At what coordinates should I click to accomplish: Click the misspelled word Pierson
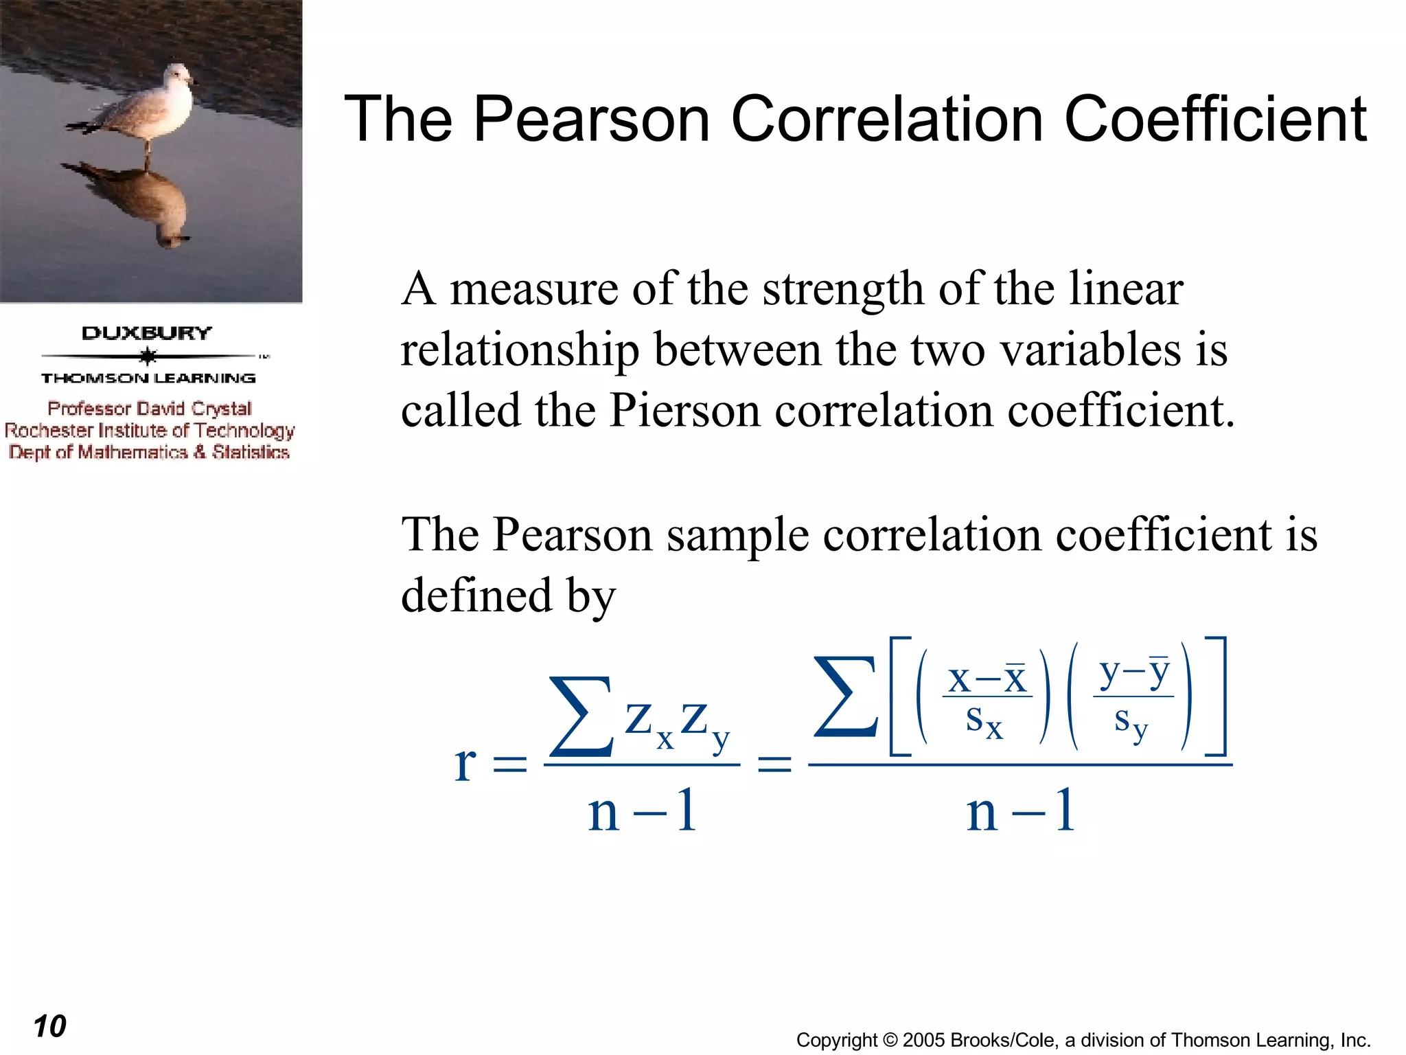tap(684, 411)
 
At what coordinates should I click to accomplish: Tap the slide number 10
tap(49, 1026)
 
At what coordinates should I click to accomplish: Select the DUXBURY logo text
tap(147, 333)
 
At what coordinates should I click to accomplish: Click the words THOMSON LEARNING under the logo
tap(148, 378)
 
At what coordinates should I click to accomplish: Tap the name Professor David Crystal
tap(150, 409)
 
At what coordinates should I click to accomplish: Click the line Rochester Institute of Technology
tap(150, 431)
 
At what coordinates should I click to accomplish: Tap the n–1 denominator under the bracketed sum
tap(1020, 810)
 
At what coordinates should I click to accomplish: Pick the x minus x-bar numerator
tap(987, 679)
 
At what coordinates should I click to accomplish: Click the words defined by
tap(508, 595)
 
